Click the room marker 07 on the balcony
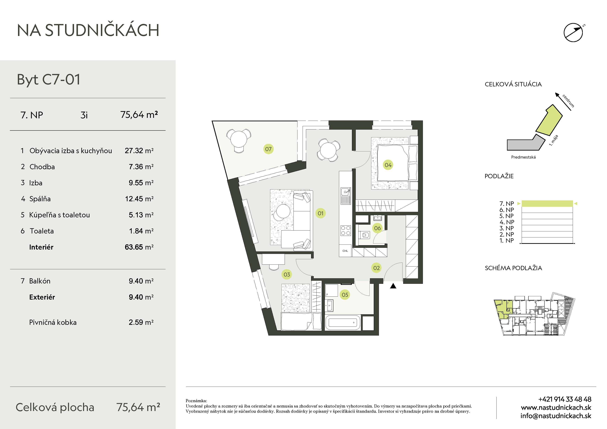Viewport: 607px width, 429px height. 268,149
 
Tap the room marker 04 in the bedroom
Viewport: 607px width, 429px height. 388,165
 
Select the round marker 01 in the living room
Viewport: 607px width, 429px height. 320,213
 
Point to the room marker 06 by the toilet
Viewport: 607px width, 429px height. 377,228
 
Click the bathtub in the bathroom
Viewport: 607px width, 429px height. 343,322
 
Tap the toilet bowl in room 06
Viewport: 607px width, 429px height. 365,235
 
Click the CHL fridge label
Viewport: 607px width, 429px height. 345,251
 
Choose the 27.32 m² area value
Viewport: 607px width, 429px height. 139,151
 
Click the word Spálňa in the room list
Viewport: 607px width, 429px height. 40,199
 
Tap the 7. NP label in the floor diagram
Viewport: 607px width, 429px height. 506,204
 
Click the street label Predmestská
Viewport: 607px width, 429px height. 523,157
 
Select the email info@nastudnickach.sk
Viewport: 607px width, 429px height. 556,416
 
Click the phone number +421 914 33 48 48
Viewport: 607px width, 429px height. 565,399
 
